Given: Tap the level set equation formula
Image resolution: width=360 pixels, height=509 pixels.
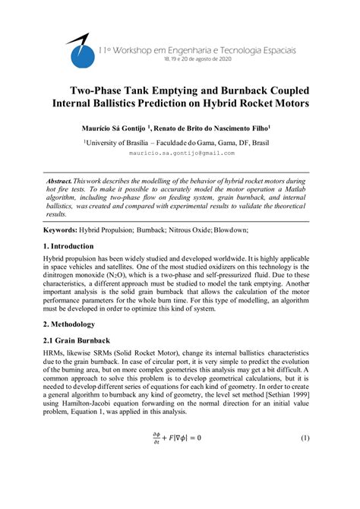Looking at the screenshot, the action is pyautogui.click(x=180, y=439).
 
